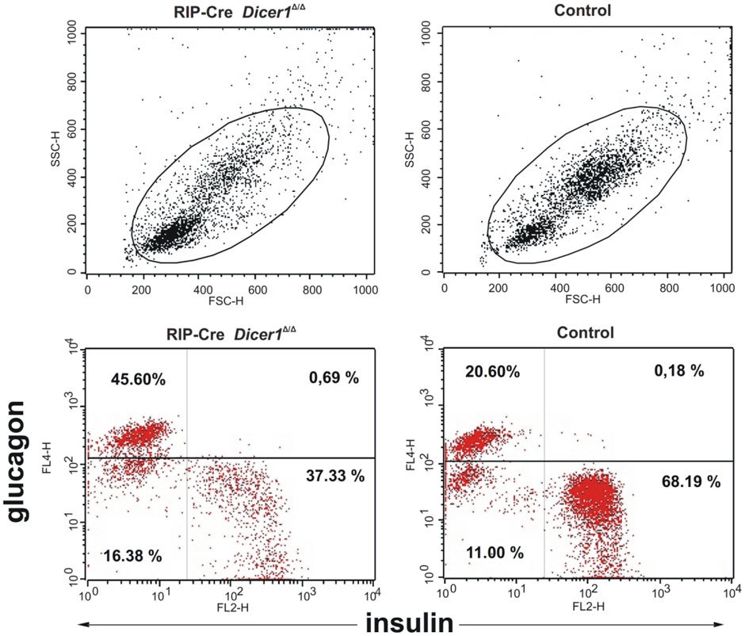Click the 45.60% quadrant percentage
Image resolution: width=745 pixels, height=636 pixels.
tap(138, 380)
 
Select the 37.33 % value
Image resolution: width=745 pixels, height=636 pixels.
tap(334, 476)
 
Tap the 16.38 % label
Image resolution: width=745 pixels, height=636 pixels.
tap(132, 555)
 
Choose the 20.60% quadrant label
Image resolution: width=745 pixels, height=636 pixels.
tap(493, 371)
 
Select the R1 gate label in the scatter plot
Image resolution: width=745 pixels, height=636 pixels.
tap(248, 184)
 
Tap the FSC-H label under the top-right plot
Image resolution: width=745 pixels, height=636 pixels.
tap(583, 300)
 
